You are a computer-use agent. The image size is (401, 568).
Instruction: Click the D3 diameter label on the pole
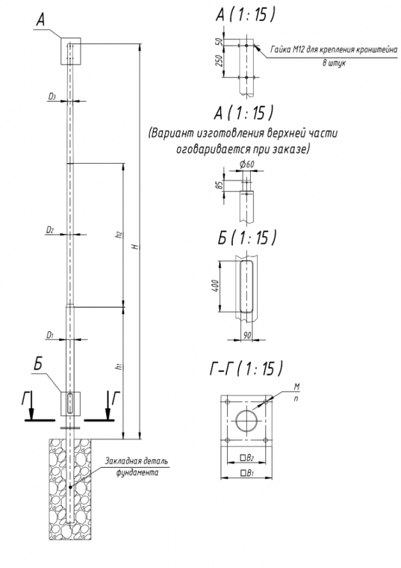(52, 97)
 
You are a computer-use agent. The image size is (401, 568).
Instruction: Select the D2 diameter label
(50, 230)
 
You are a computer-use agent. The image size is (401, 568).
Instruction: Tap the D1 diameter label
(50, 335)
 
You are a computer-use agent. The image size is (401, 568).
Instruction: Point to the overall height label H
(136, 247)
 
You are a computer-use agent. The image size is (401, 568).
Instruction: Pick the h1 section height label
(119, 367)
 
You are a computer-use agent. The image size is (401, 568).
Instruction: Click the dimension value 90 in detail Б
(248, 336)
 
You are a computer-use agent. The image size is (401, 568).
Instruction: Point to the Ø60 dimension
(247, 164)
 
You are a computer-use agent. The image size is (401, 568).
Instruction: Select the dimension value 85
(219, 185)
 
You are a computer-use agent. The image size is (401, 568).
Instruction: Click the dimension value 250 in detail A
(219, 61)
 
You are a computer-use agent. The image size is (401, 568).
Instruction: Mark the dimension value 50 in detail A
(219, 41)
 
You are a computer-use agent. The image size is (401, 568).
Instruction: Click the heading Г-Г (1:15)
(246, 369)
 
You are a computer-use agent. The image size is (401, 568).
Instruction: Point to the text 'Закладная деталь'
(137, 462)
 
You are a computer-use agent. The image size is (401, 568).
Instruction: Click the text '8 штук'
(334, 63)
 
